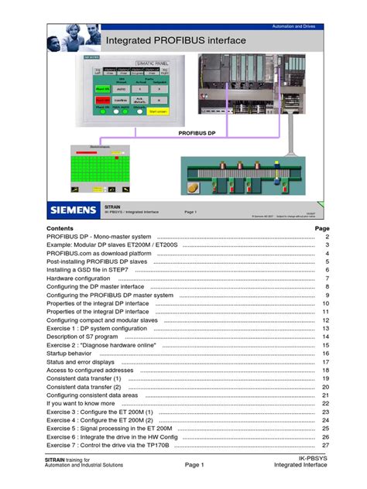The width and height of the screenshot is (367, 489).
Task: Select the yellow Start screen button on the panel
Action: tap(158, 111)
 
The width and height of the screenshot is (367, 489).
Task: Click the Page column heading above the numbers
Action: tap(321, 229)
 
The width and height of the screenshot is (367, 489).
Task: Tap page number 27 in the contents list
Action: tap(326, 445)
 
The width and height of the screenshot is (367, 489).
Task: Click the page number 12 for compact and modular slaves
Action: tap(326, 320)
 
